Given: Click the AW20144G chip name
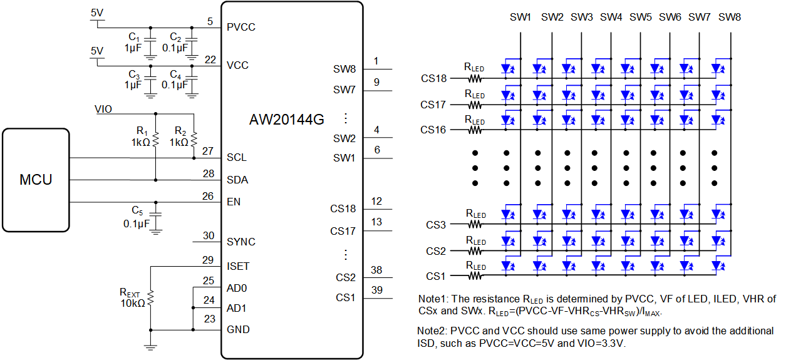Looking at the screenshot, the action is tap(286, 120).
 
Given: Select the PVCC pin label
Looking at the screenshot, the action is tap(241, 27).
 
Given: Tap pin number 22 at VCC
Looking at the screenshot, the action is tap(210, 59).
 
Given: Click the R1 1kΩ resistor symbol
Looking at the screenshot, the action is tap(156, 138).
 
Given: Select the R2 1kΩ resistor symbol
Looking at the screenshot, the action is tap(194, 138).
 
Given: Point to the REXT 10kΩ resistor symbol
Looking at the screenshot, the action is tap(150, 298).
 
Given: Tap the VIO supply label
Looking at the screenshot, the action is tap(103, 109).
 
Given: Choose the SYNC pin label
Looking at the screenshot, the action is tap(241, 242).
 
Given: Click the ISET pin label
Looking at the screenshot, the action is tap(238, 266).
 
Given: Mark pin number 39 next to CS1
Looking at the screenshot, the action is tap(377, 290).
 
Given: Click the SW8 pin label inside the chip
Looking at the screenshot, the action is tap(344, 69).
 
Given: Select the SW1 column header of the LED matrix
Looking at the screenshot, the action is tap(520, 17).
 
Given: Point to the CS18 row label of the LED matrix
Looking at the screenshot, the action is tap(433, 78).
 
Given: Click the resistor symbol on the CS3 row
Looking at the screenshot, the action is tap(475, 224).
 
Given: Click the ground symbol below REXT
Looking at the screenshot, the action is tap(150, 347).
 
